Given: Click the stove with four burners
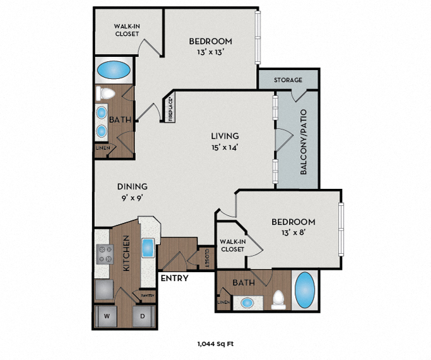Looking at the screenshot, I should pos(104,254).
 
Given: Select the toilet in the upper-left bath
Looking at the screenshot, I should pos(105,93).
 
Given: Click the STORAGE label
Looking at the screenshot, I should pos(288,80).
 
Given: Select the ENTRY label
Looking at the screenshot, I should pos(175,277).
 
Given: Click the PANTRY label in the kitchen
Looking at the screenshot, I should pos(148,294).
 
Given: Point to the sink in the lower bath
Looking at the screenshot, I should pos(248,301).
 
